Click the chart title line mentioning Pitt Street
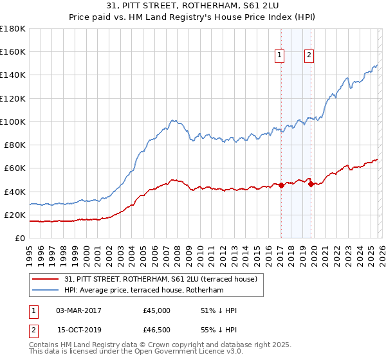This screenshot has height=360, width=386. [192, 6]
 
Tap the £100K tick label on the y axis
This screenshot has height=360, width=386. [13, 122]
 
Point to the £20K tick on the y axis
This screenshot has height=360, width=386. [14, 215]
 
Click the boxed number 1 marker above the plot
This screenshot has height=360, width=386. [280, 56]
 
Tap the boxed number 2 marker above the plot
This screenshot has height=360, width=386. [309, 56]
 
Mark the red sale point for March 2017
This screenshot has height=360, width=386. [280, 186]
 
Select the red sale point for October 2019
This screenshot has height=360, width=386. [311, 184]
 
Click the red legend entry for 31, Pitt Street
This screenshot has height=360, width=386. [161, 279]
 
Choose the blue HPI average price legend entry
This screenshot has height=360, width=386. [143, 291]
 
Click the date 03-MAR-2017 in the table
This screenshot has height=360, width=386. [78, 310]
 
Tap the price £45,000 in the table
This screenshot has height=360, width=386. [157, 310]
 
